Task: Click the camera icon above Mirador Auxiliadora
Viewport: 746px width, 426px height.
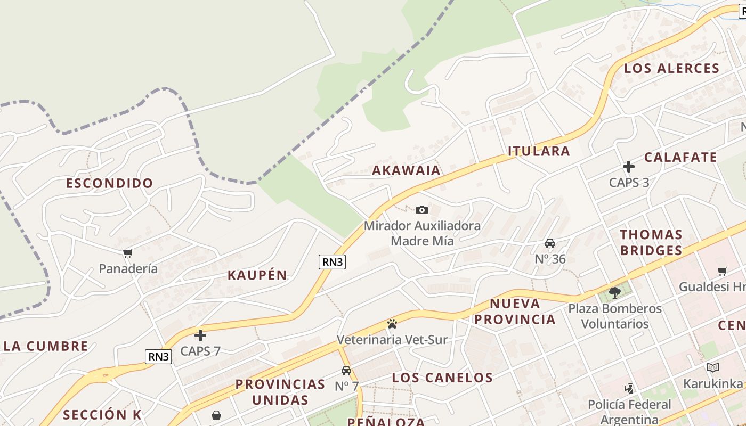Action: pyautogui.click(x=422, y=210)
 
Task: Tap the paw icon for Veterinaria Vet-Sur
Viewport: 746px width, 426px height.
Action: pyautogui.click(x=392, y=323)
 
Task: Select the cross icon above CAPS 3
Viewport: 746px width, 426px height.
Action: pyautogui.click(x=629, y=167)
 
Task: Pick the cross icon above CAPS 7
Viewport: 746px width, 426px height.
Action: pyautogui.click(x=200, y=335)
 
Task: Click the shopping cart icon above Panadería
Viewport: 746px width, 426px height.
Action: pyautogui.click(x=127, y=253)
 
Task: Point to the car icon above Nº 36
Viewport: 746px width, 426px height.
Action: pyautogui.click(x=550, y=243)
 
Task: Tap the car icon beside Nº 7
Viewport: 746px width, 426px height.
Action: pyautogui.click(x=346, y=371)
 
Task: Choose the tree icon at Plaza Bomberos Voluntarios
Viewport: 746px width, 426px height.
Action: pyautogui.click(x=614, y=292)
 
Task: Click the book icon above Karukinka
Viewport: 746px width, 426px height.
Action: pyautogui.click(x=713, y=367)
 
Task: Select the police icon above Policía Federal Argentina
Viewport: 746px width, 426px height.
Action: pyautogui.click(x=629, y=388)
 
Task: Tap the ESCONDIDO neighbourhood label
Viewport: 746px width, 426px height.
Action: pyautogui.click(x=109, y=183)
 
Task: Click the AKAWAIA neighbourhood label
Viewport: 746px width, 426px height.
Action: pyautogui.click(x=406, y=170)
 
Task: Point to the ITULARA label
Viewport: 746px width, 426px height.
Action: pyautogui.click(x=539, y=151)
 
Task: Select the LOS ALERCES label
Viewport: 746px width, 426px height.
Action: pyautogui.click(x=671, y=68)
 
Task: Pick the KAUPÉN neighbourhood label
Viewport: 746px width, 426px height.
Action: pyautogui.click(x=257, y=275)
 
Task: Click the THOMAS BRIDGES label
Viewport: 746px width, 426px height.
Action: pyautogui.click(x=651, y=242)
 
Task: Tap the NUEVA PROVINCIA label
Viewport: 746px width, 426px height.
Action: pyautogui.click(x=515, y=312)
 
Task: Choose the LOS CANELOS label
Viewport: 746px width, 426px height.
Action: pyautogui.click(x=442, y=378)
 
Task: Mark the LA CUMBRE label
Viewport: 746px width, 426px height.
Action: pyautogui.click(x=46, y=346)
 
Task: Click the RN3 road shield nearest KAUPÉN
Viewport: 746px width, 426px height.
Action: pyautogui.click(x=333, y=261)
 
